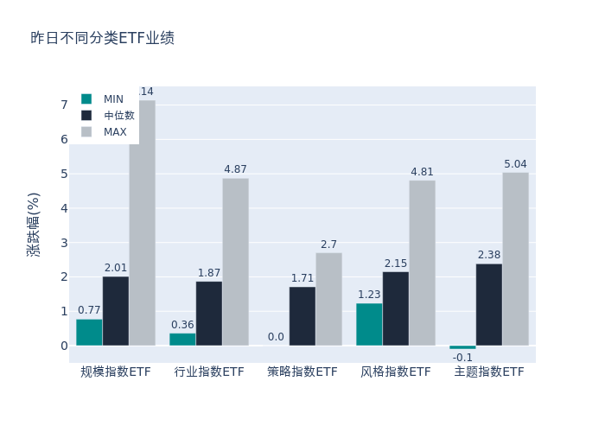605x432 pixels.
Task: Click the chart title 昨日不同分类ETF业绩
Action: point(102,38)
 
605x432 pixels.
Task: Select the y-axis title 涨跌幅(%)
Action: point(33,225)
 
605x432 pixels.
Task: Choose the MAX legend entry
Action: point(115,132)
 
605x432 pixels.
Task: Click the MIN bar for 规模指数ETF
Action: point(89,333)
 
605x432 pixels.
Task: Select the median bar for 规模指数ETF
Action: point(116,311)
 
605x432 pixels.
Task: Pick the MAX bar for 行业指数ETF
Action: point(235,262)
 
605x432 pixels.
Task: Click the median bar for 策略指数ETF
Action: point(302,316)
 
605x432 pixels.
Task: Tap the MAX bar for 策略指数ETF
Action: point(328,299)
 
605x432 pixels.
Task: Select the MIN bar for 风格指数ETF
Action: point(369,324)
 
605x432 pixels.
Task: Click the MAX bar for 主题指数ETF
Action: point(515,259)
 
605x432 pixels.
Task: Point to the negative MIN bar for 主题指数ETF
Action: point(462,347)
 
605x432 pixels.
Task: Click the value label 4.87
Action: point(235,169)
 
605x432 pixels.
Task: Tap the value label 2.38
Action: point(489,255)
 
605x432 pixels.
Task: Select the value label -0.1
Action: point(462,358)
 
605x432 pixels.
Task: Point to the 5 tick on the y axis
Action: point(63,174)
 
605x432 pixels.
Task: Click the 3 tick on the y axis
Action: point(63,243)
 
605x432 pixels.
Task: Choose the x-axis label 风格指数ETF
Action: point(395,372)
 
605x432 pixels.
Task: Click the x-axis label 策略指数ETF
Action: point(302,372)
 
